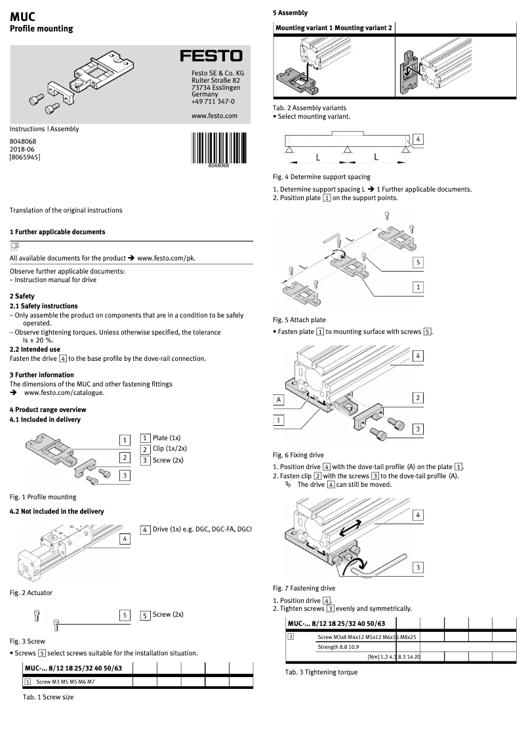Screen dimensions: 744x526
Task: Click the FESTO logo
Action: pos(211,57)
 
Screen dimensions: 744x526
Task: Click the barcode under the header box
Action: pos(218,148)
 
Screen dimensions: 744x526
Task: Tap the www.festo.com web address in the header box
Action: pos(214,115)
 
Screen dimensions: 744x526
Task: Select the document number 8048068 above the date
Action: pos(23,140)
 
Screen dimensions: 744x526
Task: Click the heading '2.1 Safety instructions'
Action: pos(43,306)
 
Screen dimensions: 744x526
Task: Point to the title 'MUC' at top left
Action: pos(23,16)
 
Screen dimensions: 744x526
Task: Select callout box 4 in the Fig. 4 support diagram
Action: pos(418,139)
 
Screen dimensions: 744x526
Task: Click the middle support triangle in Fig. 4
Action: pos(346,152)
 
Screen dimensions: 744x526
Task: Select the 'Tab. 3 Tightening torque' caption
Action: pos(321,672)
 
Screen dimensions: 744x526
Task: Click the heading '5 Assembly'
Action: pos(290,12)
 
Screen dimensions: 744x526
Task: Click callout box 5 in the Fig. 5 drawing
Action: pos(418,262)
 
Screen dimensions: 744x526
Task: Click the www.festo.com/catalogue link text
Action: pos(64,392)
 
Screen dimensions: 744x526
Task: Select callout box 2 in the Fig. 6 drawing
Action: pos(418,398)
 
